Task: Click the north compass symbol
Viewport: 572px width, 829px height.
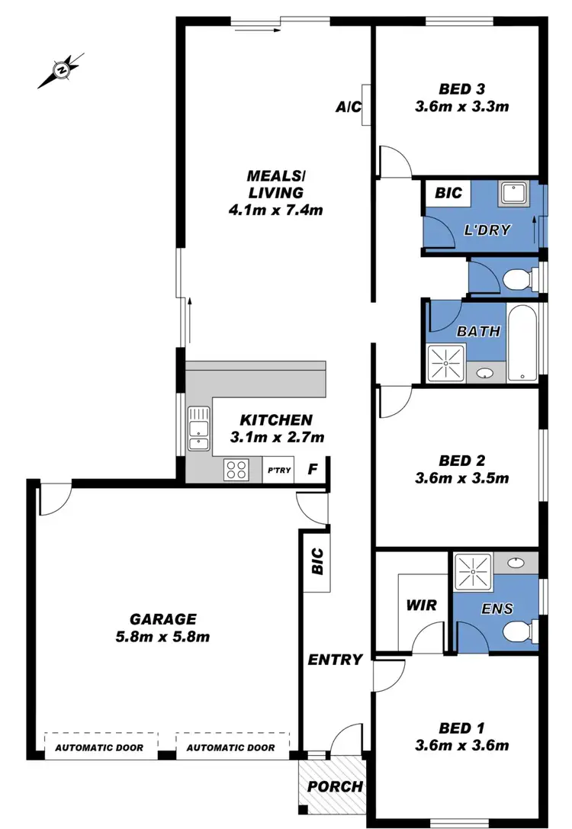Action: [60, 71]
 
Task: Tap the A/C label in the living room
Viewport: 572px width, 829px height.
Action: [348, 108]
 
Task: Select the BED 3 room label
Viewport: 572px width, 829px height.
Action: [461, 88]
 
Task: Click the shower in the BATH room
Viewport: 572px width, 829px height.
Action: [445, 363]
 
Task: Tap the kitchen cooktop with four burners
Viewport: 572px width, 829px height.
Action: [236, 469]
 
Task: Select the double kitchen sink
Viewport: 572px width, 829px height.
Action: [198, 429]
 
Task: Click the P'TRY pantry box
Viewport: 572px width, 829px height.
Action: [278, 470]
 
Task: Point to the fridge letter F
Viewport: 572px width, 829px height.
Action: [313, 469]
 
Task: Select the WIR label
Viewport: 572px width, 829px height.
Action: [421, 606]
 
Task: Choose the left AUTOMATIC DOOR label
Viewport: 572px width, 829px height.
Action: [99, 747]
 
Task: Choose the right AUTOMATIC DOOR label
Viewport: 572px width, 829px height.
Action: [231, 747]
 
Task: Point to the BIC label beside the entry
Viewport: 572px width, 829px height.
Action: [318, 562]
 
